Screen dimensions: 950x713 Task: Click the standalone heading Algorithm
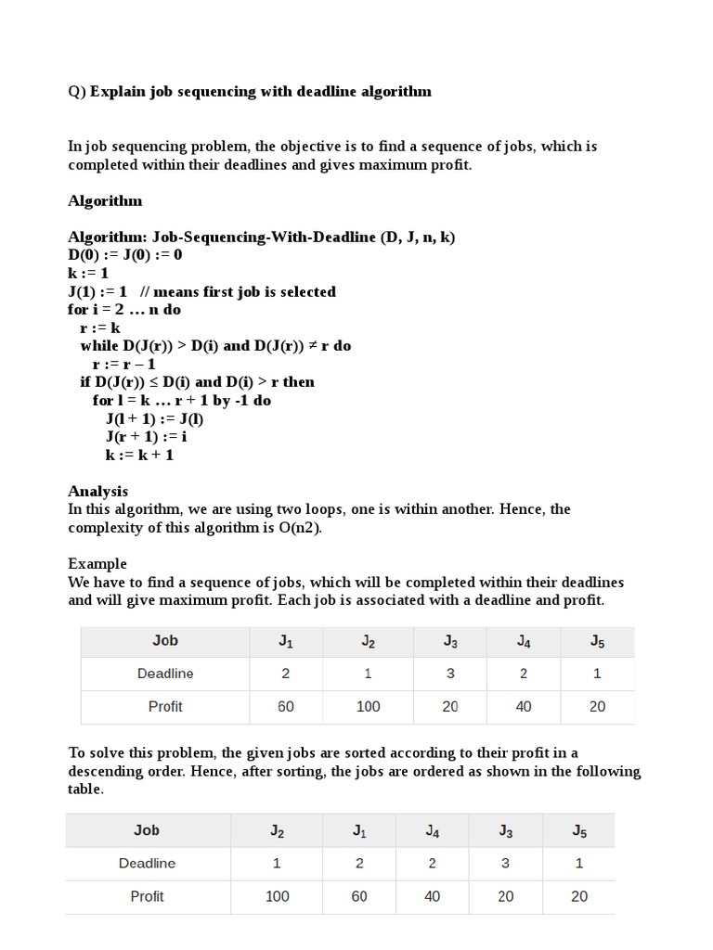[x=105, y=200]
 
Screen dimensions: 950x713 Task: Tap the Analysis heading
[x=97, y=491]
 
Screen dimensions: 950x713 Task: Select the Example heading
[x=97, y=564]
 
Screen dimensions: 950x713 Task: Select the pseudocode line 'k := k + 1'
[x=139, y=455]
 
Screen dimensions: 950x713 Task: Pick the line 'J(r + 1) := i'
[x=146, y=436]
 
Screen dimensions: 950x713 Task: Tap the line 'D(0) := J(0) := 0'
[x=125, y=255]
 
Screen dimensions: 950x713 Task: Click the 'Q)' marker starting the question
[x=76, y=91]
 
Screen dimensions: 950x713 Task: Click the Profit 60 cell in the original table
[x=286, y=707]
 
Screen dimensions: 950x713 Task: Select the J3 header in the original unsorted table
[x=450, y=641]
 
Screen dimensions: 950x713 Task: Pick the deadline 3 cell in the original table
[x=450, y=674]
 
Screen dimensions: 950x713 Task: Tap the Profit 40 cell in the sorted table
[x=433, y=896]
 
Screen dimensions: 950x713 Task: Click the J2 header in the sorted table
[x=277, y=831]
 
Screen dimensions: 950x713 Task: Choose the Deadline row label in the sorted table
[x=147, y=864]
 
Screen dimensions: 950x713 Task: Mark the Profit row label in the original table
[x=165, y=707]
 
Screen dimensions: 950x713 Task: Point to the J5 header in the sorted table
[x=579, y=831]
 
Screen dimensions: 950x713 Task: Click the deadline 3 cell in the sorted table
[x=506, y=864]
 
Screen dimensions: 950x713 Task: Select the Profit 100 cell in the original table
[x=369, y=707]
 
